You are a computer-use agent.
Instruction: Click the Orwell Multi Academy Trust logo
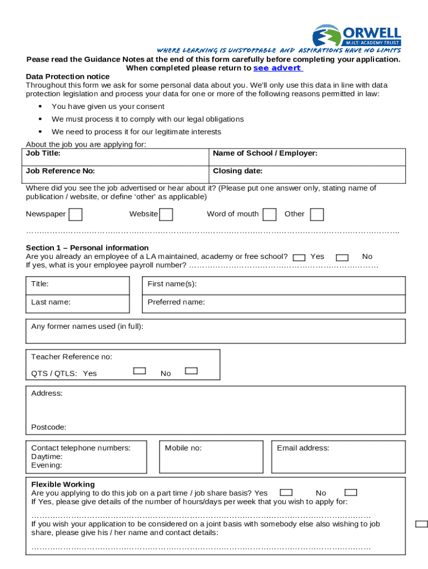356,36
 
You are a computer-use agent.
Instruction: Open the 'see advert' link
278,68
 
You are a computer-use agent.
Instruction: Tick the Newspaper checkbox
76,214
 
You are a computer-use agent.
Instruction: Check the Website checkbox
166,214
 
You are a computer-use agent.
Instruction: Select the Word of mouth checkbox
270,214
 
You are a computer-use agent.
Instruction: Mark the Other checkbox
317,214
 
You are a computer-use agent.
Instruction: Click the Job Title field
116,157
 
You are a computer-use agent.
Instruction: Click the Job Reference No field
116,174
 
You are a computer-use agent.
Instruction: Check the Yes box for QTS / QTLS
140,371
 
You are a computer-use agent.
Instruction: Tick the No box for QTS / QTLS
191,371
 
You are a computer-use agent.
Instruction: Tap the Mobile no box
212,457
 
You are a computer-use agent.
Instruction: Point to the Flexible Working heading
63,485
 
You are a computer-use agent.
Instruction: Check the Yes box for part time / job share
286,492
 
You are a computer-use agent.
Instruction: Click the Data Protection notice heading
68,77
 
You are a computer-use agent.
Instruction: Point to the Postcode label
49,427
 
